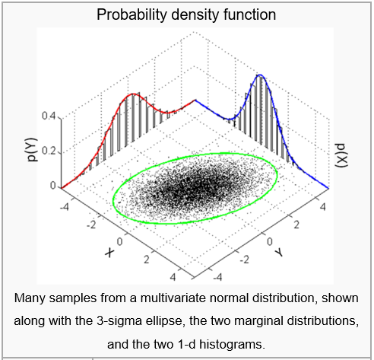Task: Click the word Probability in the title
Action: (x=131, y=14)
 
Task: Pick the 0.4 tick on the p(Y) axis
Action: (x=49, y=116)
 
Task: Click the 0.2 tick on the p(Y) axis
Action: (x=49, y=151)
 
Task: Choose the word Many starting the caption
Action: (x=29, y=298)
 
